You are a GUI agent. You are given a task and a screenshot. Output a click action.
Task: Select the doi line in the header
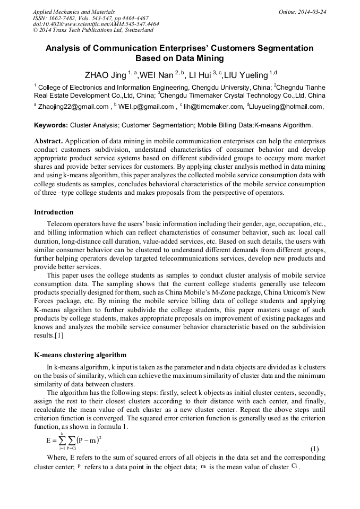96,24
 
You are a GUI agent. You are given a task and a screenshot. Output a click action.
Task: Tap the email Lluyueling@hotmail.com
287,107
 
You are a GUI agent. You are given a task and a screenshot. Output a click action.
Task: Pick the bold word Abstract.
49,142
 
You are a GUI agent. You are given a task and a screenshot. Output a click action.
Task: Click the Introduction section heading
54,212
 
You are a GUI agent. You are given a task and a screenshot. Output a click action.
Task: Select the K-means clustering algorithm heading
80,355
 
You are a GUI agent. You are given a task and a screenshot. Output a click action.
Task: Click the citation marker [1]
58,336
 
